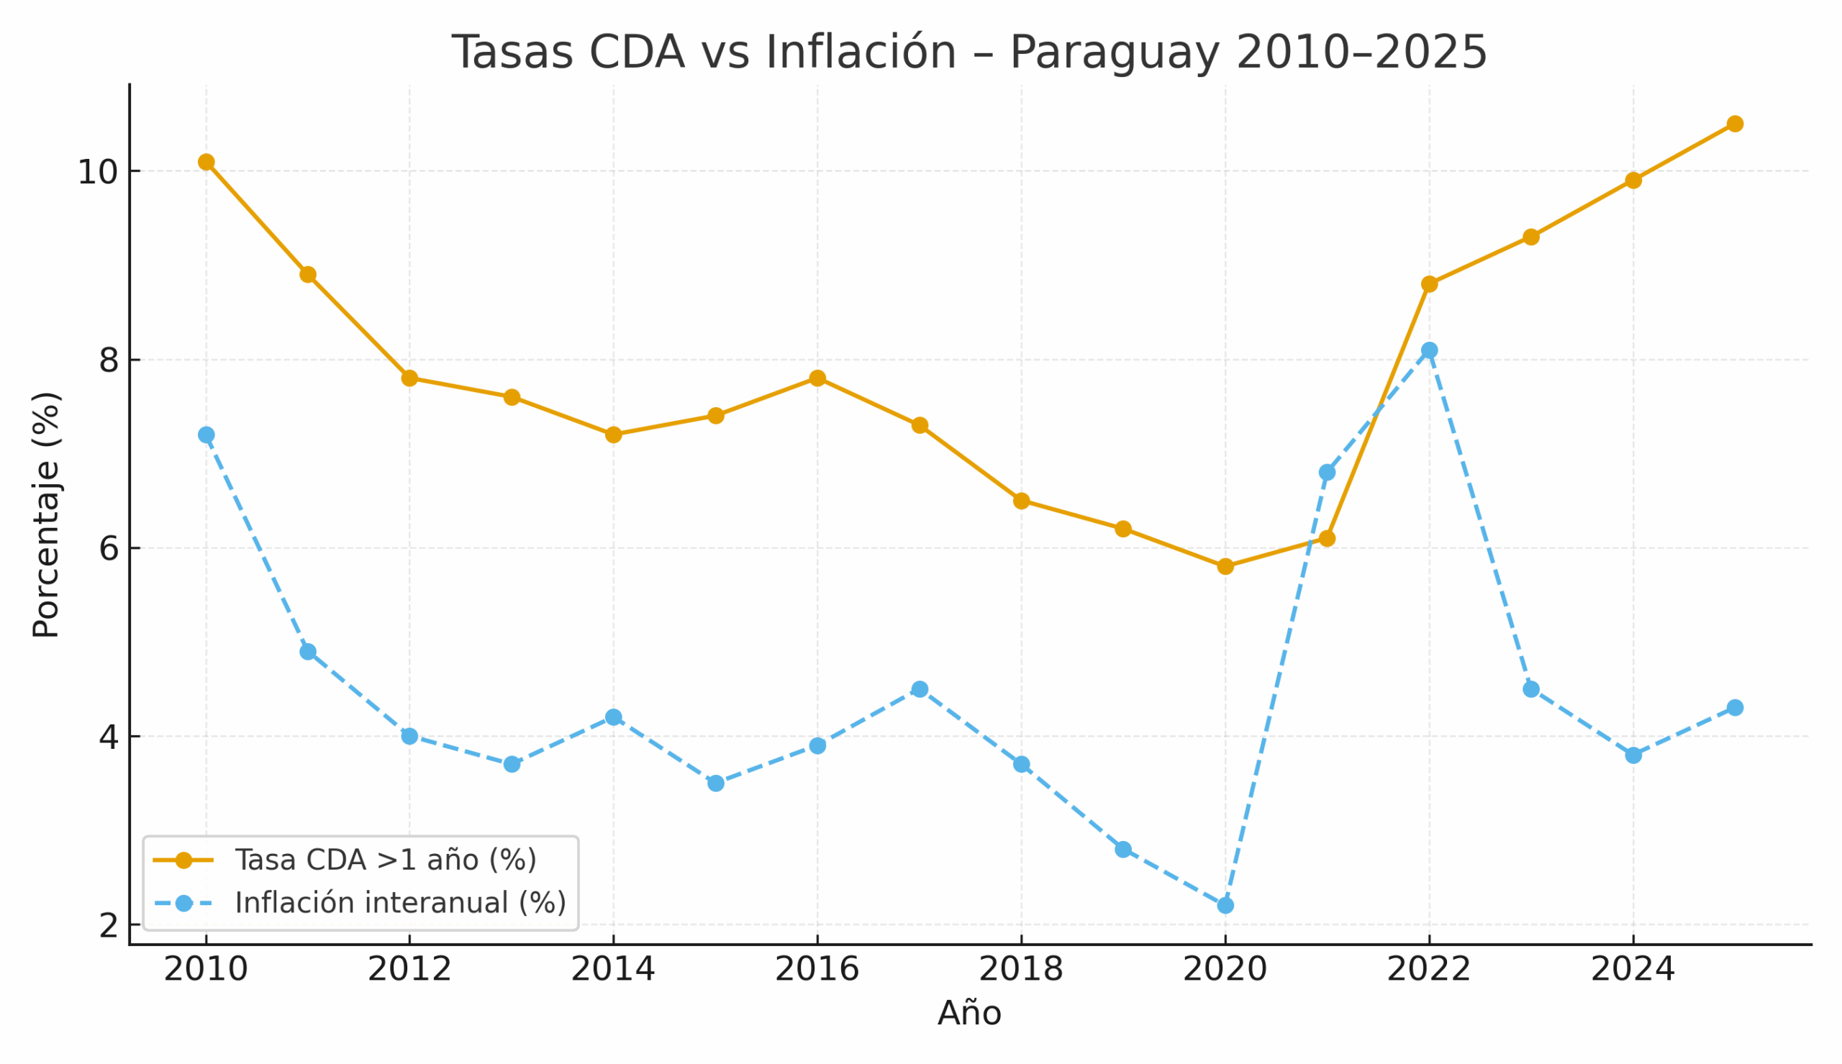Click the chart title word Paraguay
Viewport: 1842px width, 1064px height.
(x=1114, y=53)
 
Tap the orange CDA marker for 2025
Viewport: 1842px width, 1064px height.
(x=1735, y=124)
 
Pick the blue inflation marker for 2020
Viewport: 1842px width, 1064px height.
(x=1225, y=906)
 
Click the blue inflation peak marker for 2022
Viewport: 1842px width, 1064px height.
(x=1429, y=351)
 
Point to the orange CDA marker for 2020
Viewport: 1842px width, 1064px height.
(x=1225, y=566)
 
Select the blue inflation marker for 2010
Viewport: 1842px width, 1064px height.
(x=206, y=435)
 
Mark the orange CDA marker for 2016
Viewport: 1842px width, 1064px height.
(x=817, y=378)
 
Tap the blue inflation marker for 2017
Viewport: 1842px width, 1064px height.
(x=920, y=689)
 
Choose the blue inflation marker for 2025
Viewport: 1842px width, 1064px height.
(x=1735, y=707)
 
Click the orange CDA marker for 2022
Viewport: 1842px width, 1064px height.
(x=1429, y=284)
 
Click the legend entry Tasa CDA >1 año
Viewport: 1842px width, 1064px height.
(x=385, y=860)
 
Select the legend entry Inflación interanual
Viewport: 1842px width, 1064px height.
(x=399, y=904)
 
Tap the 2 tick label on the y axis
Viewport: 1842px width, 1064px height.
(x=109, y=926)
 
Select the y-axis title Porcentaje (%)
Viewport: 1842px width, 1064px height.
(x=46, y=515)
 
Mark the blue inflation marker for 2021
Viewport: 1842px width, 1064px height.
(x=1327, y=473)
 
